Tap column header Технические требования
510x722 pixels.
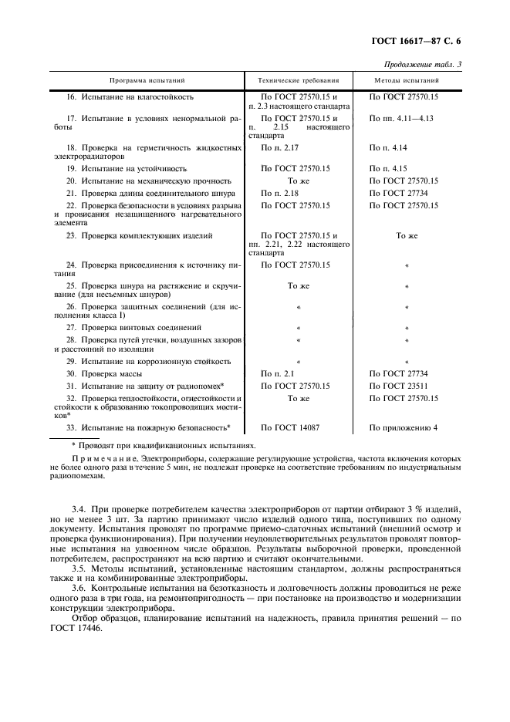(x=297, y=80)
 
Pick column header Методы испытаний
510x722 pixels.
(x=407, y=80)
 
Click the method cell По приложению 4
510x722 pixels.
(x=403, y=427)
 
